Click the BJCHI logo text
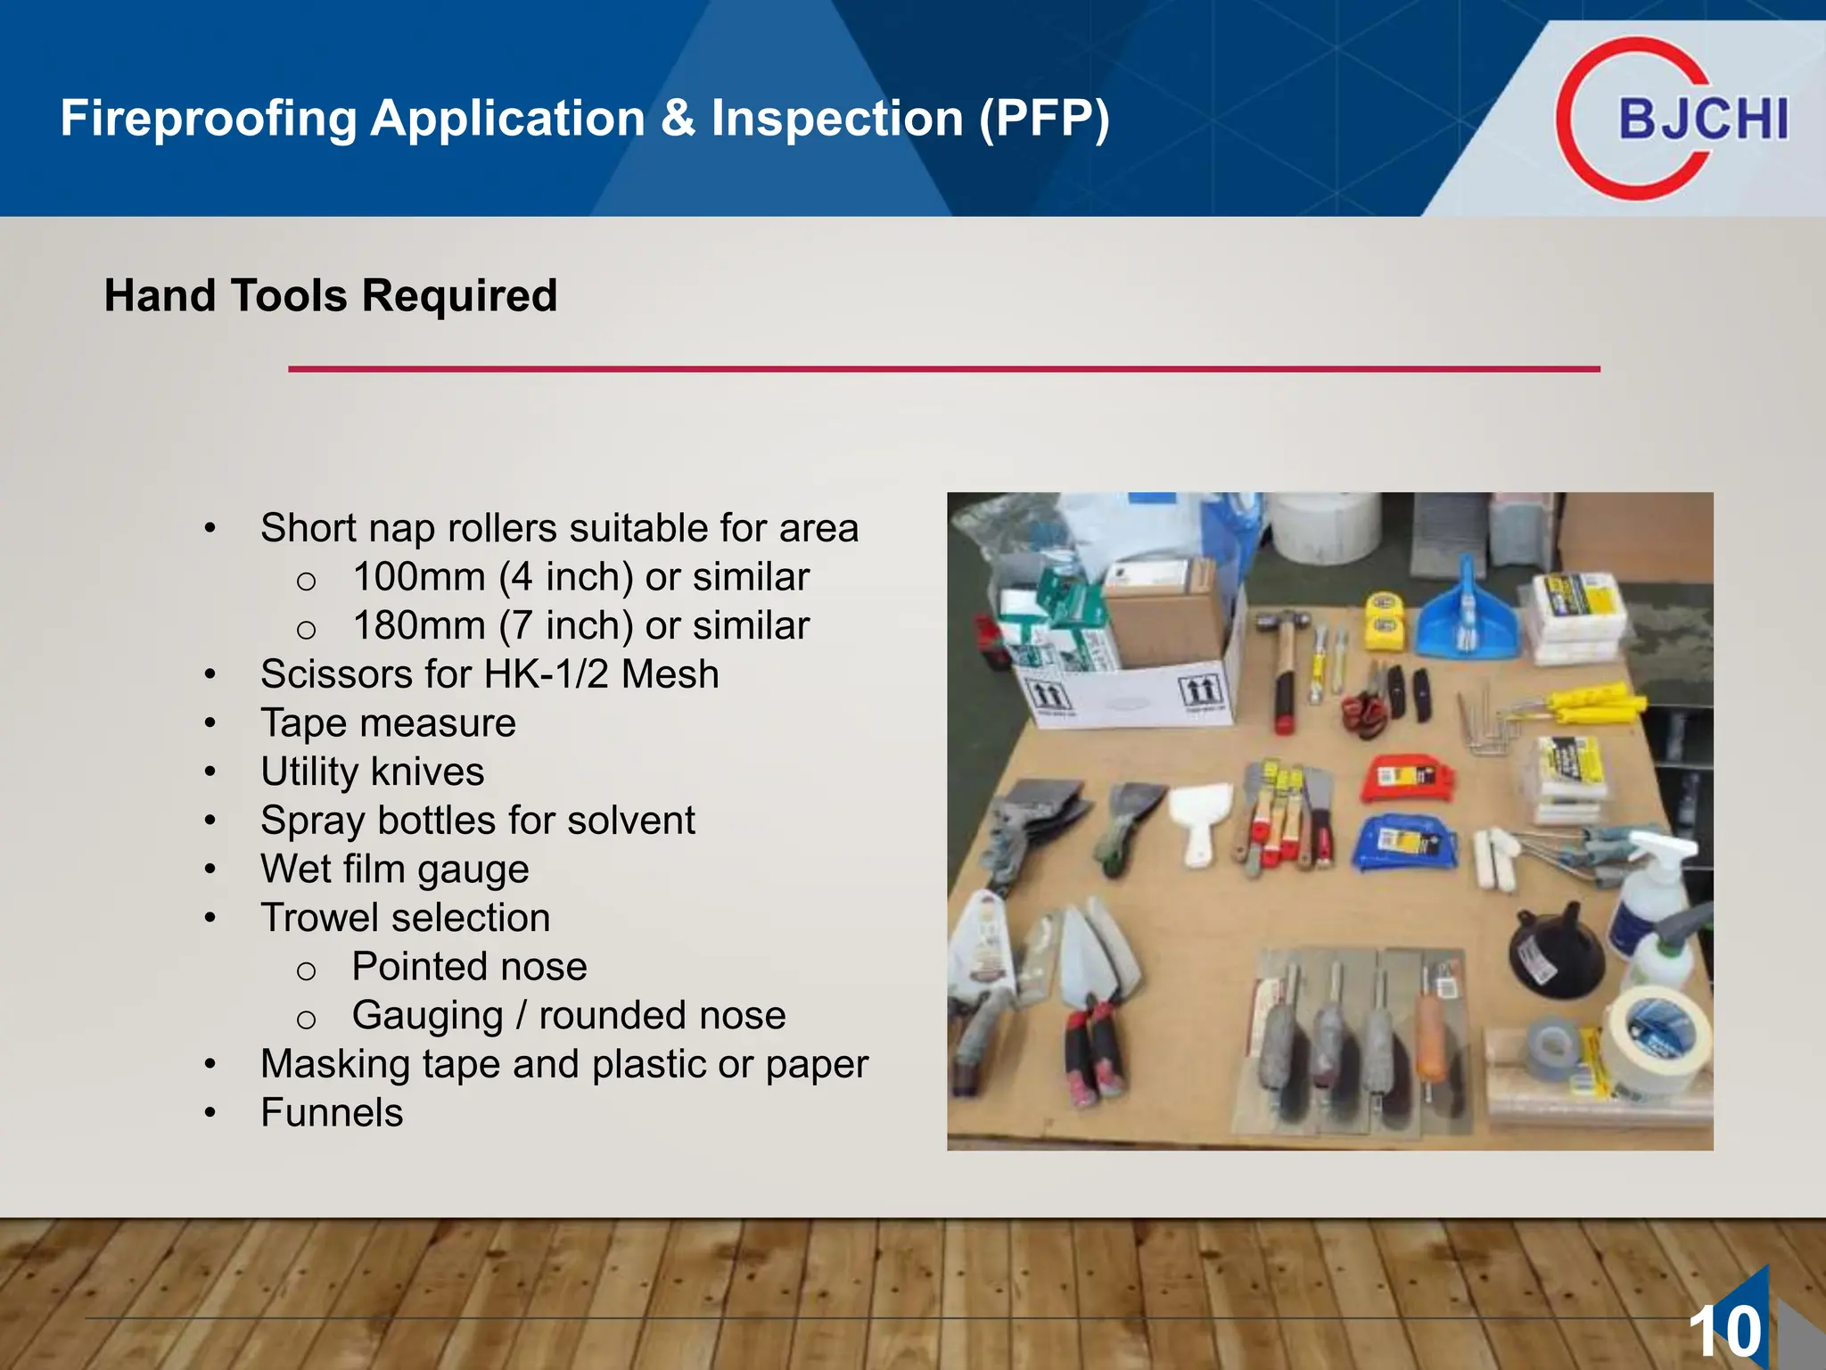1703,119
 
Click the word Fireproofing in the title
208,119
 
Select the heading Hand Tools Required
331,295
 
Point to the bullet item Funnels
332,1112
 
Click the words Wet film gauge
394,869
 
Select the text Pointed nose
469,966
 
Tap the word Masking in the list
334,1064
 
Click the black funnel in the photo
1556,954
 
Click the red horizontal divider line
943,368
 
